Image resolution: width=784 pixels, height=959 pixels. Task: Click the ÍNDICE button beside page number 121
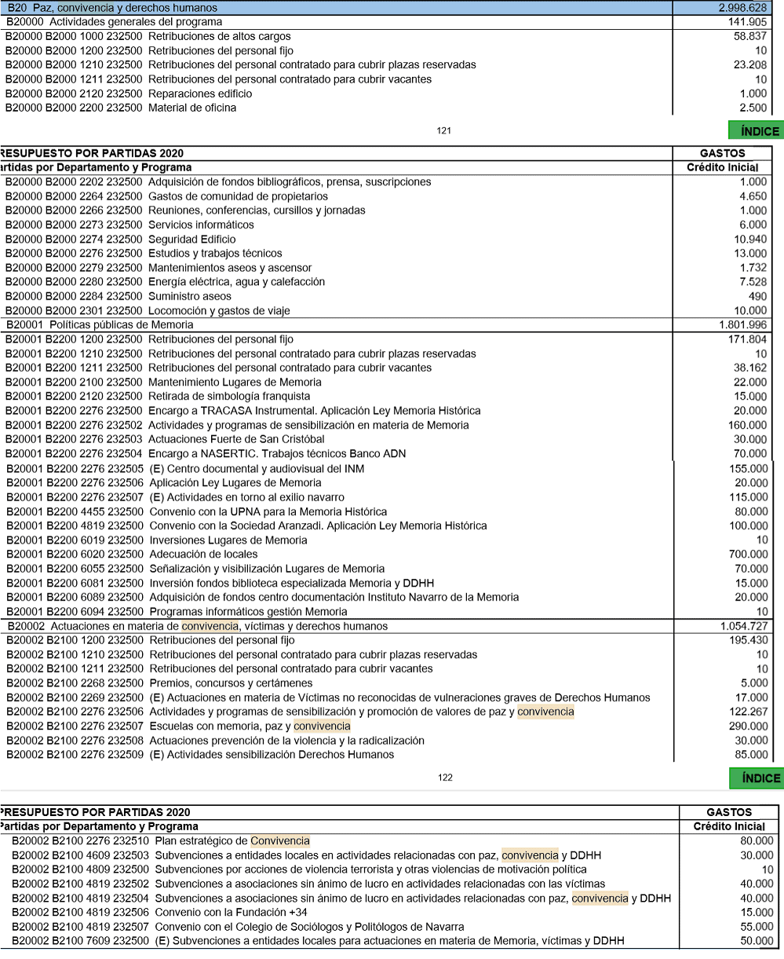pos(756,131)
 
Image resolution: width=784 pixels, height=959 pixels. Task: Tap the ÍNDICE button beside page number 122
pos(756,778)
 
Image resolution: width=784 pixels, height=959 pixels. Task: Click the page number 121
pos(444,131)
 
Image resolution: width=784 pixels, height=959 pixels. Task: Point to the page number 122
pos(445,778)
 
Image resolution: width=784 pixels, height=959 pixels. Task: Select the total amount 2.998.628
pos(742,7)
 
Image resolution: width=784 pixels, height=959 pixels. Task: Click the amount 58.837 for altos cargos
pos(750,36)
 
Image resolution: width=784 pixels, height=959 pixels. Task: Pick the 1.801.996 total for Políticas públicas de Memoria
pos(743,325)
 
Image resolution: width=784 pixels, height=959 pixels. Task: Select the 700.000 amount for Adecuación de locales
pos(749,555)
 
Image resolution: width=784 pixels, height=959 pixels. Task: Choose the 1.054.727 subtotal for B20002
pos(743,626)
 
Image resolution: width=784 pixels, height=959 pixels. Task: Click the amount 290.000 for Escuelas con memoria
pos(749,727)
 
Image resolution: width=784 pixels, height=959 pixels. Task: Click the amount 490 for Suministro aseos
pos(757,296)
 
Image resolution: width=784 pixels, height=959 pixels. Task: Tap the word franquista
pos(283,397)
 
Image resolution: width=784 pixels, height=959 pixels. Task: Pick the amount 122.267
pos(749,712)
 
